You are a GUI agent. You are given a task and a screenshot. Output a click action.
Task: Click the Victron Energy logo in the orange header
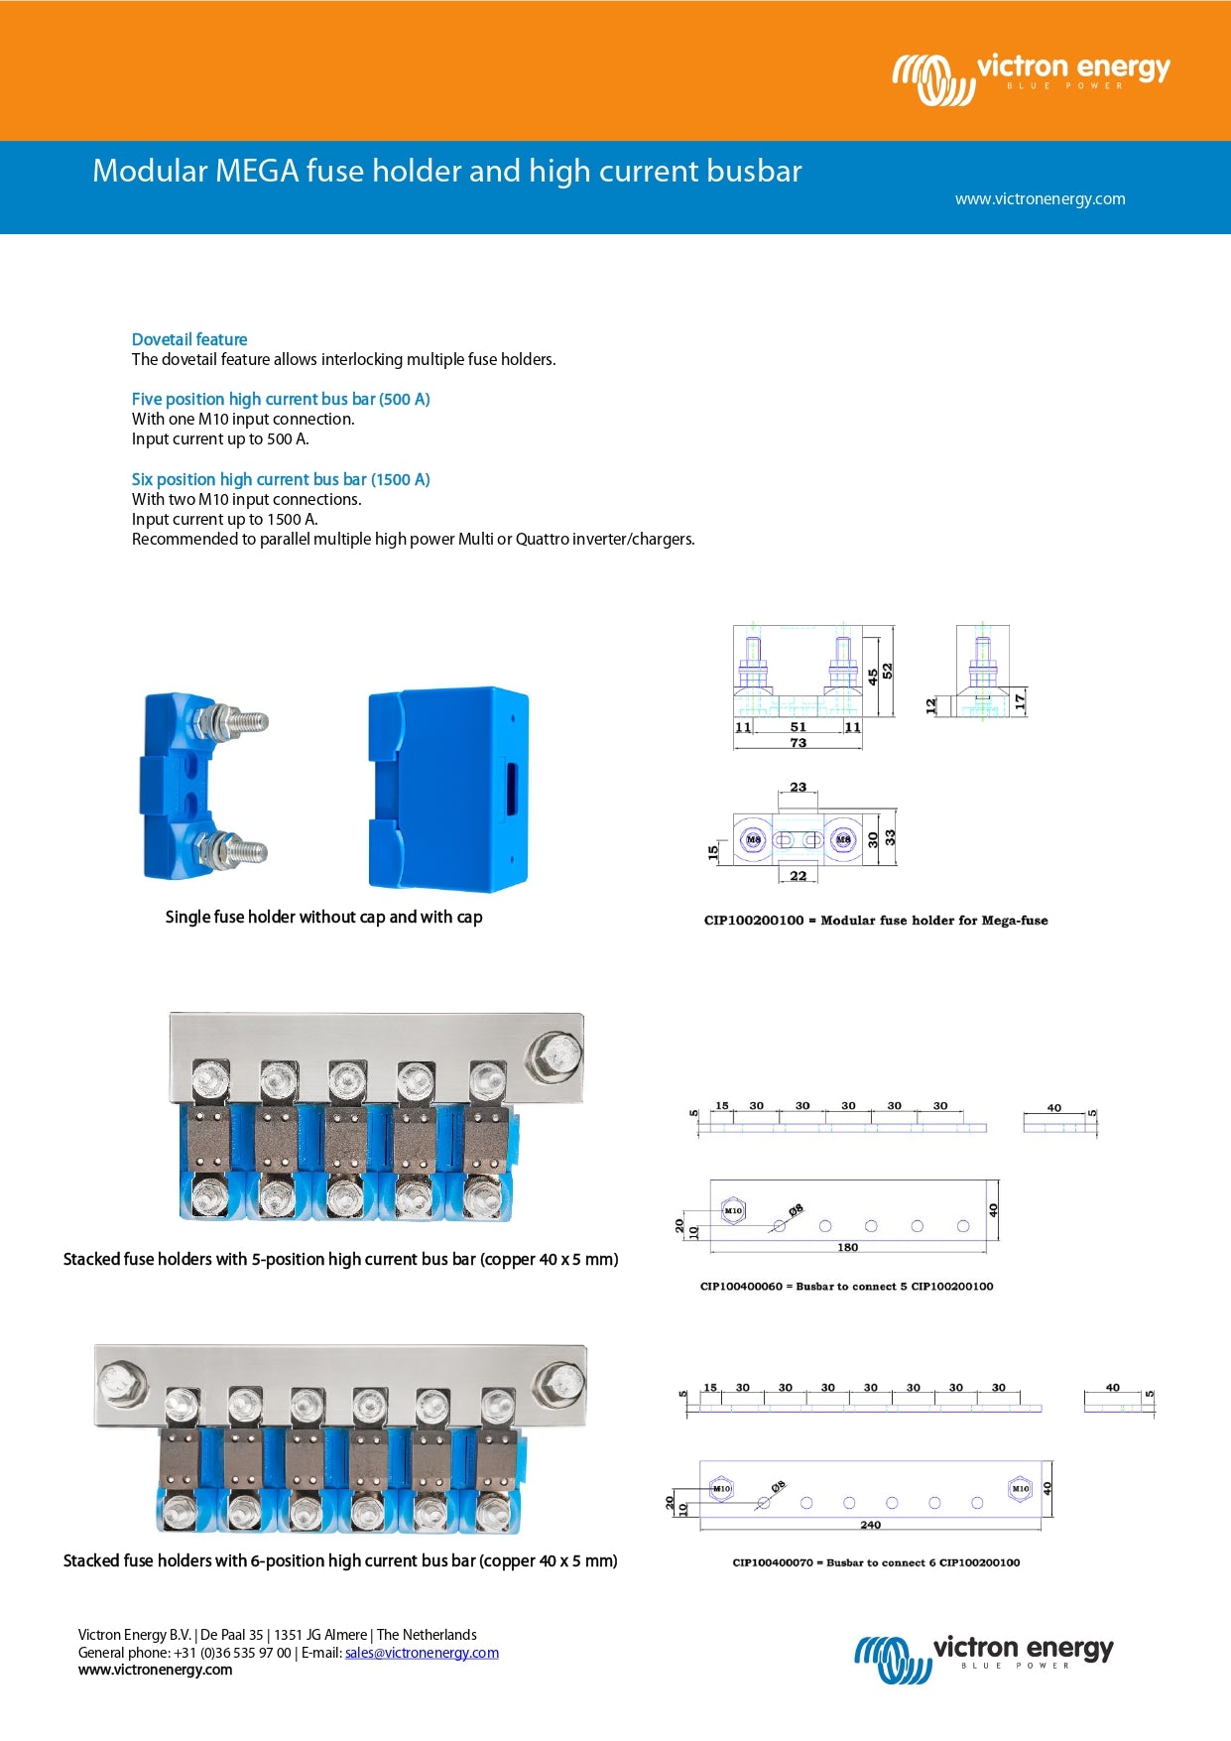point(1032,77)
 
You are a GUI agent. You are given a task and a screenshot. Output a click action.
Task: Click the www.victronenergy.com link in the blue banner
point(1040,198)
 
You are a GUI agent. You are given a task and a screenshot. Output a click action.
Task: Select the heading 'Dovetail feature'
point(189,339)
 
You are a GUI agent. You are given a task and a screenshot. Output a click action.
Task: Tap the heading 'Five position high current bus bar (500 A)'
point(281,399)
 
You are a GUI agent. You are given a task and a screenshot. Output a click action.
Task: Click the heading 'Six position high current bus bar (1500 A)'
point(281,479)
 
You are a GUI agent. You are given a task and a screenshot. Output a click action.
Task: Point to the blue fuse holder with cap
point(447,788)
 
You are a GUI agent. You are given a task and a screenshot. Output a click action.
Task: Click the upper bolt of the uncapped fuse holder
point(234,720)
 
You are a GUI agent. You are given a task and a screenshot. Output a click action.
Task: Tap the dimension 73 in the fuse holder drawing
point(799,742)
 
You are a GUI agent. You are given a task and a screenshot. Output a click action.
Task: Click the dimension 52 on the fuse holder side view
point(888,671)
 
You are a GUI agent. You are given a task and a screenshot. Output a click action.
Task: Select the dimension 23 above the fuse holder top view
point(799,787)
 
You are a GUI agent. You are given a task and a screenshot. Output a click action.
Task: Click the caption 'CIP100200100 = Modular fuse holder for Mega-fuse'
point(876,920)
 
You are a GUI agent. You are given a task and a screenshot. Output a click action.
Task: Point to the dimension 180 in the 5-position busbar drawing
point(847,1247)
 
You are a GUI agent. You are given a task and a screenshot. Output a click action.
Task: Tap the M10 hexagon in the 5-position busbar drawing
point(733,1210)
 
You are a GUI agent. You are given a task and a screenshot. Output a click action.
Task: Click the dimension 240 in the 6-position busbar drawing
point(870,1525)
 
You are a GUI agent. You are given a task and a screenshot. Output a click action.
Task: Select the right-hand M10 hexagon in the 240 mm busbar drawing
point(1020,1488)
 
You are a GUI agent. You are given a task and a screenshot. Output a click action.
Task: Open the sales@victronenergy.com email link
point(422,1653)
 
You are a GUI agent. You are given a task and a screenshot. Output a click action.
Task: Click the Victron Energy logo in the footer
point(983,1657)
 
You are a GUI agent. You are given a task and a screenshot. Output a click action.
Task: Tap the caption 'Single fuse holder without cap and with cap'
point(323,917)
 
